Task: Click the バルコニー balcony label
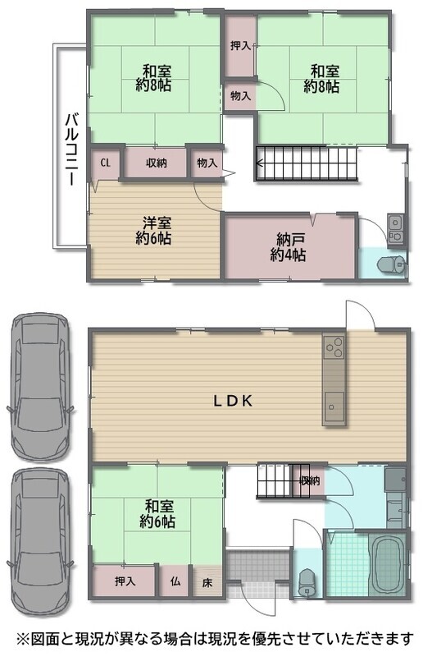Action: (70, 149)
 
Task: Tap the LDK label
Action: (233, 401)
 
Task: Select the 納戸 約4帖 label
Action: (288, 248)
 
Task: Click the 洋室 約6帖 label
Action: (153, 231)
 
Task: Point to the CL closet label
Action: (105, 163)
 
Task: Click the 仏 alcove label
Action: (175, 581)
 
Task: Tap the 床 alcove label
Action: (207, 582)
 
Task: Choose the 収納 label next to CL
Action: (156, 163)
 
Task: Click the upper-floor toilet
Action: (391, 264)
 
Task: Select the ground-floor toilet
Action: (308, 582)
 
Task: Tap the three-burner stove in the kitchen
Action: (334, 347)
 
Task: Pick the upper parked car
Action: (40, 387)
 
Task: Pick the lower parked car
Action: (40, 543)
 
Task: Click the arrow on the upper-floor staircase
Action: (306, 163)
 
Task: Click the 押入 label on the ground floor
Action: (125, 581)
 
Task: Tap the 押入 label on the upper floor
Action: (240, 46)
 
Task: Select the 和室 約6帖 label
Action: (157, 514)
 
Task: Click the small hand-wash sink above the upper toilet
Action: (395, 229)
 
